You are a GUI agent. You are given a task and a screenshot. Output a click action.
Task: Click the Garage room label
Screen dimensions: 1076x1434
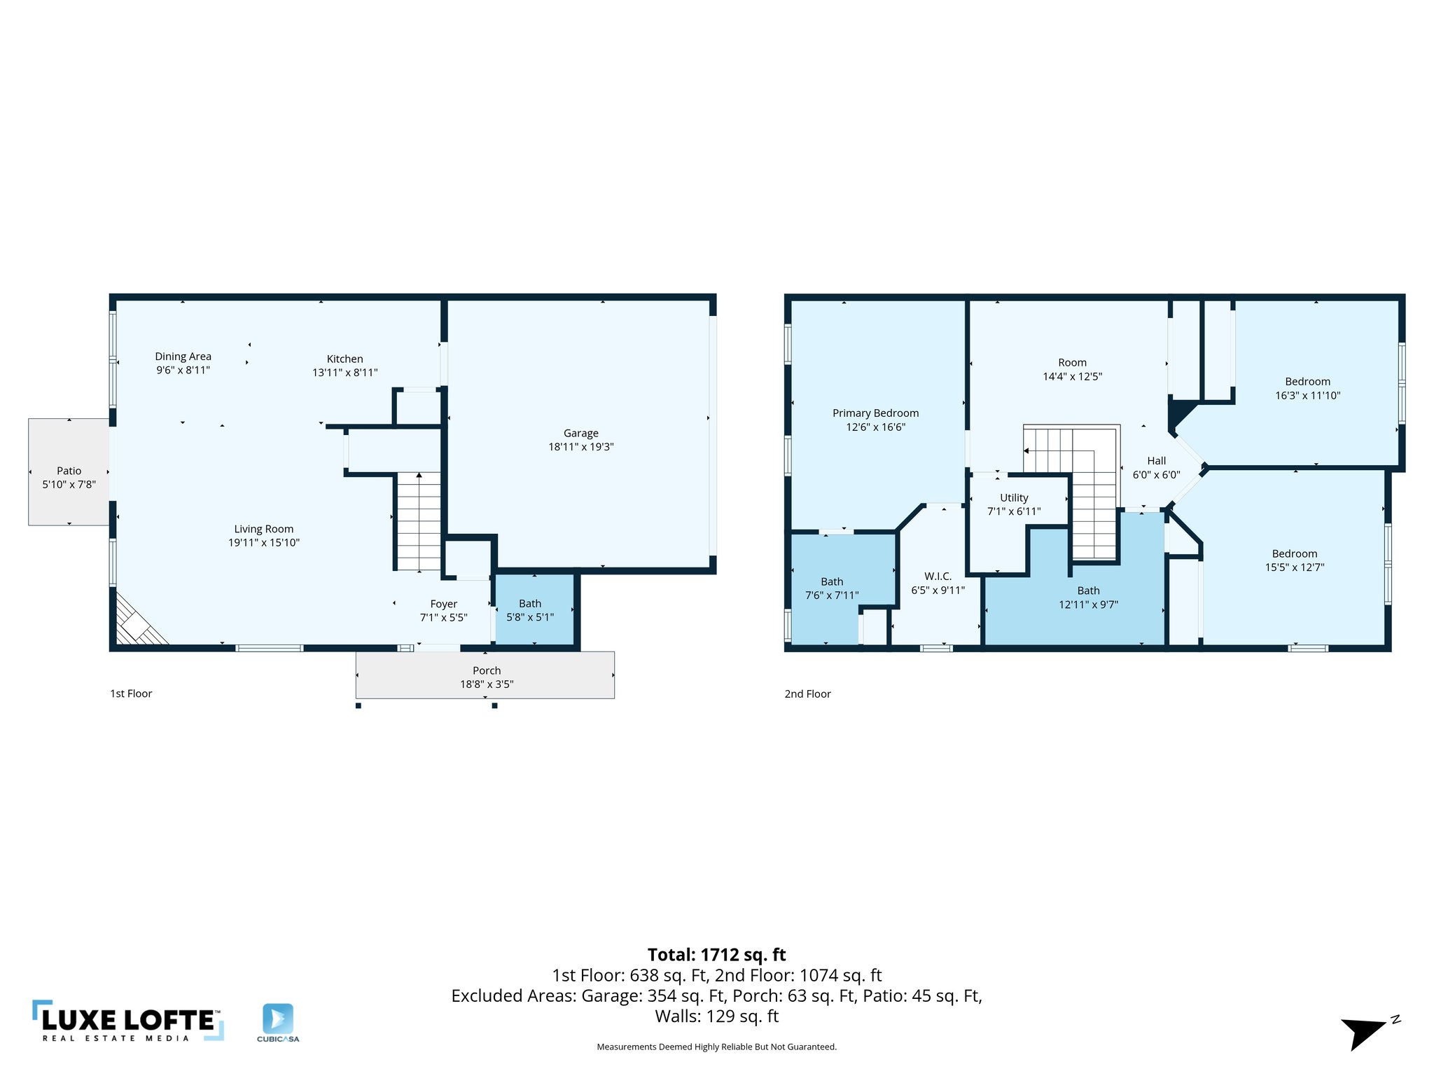580,433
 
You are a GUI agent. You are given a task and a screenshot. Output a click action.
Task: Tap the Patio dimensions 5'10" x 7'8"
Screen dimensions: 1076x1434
69,485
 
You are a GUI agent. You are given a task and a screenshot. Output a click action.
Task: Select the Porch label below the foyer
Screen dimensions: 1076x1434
487,670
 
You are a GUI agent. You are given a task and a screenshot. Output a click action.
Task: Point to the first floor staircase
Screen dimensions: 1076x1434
419,521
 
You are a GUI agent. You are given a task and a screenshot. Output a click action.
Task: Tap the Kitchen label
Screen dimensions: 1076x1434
344,359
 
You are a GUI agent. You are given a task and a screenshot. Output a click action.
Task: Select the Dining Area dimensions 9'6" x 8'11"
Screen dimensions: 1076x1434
183,370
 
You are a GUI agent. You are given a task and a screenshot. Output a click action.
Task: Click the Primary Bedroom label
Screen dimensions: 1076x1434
875,413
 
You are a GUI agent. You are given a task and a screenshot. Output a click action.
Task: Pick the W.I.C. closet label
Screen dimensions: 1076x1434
938,577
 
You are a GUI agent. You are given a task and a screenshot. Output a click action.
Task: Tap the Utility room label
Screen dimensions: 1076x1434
1014,497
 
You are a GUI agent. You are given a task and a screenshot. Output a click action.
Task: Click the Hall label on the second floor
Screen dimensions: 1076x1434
1156,460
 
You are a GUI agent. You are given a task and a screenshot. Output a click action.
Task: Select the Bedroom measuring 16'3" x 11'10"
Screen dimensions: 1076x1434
1307,388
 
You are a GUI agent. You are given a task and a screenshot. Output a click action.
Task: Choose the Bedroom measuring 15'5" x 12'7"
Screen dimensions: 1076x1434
1294,560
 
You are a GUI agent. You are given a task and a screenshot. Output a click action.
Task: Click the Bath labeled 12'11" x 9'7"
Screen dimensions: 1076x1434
1088,598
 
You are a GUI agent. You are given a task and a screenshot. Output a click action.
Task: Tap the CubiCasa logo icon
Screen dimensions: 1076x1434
278,1019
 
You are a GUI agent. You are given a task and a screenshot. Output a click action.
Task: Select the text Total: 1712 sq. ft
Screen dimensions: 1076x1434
716,955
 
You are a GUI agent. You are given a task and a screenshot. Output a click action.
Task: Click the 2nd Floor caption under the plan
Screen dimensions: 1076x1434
807,694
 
